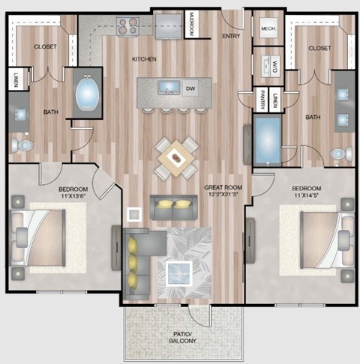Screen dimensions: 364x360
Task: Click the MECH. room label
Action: coord(267,29)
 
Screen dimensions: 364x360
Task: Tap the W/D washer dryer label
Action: coord(275,66)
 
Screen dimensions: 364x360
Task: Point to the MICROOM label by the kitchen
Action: coord(191,25)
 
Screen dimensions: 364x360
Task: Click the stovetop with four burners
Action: coord(129,29)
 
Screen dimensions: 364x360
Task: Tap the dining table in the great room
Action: coord(176,157)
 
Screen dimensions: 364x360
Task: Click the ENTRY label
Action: coord(231,35)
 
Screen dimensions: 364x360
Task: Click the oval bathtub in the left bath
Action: coord(87,96)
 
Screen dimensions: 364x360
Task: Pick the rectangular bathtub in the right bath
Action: coord(267,140)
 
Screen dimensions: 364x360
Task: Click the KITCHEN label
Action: coord(143,58)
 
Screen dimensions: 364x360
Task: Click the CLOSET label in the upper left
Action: coord(45,47)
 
